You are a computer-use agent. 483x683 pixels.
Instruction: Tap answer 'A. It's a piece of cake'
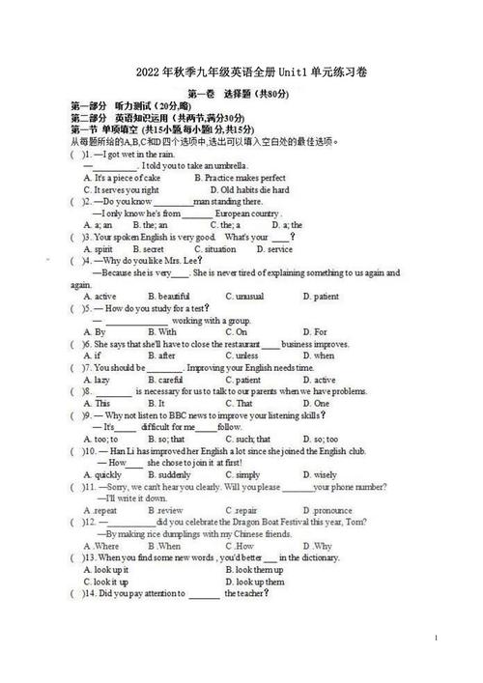122,178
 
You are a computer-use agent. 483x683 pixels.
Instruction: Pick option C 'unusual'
243,296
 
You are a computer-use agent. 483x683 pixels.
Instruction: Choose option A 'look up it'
105,570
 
